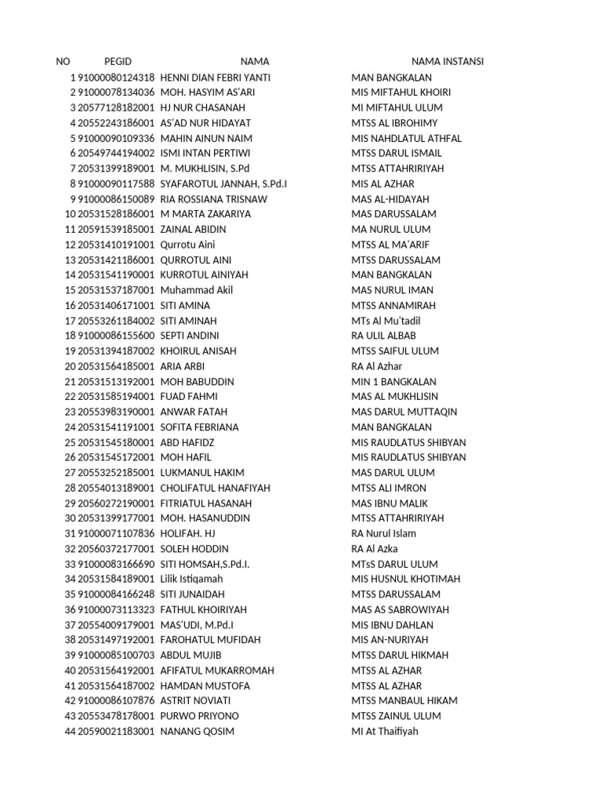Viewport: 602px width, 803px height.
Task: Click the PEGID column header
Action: (118, 62)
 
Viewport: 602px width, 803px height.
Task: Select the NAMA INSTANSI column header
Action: (448, 62)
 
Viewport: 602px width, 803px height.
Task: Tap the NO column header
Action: (63, 62)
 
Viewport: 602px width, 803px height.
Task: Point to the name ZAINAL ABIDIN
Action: (193, 229)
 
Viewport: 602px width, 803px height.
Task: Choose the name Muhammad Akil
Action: (197, 290)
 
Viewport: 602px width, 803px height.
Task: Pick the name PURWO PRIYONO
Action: (199, 716)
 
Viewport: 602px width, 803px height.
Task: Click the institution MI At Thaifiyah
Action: (385, 732)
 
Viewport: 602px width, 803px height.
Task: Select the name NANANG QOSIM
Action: (197, 732)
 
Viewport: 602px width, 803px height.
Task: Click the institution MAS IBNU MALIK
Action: (390, 503)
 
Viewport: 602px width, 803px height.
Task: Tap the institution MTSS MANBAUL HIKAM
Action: (404, 701)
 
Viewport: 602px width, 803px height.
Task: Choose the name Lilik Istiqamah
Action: (195, 579)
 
